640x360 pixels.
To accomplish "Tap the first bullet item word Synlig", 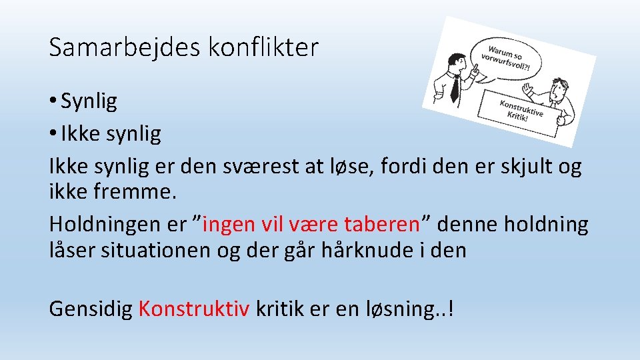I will tap(89, 101).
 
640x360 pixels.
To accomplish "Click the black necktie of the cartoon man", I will tap(455, 87).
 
